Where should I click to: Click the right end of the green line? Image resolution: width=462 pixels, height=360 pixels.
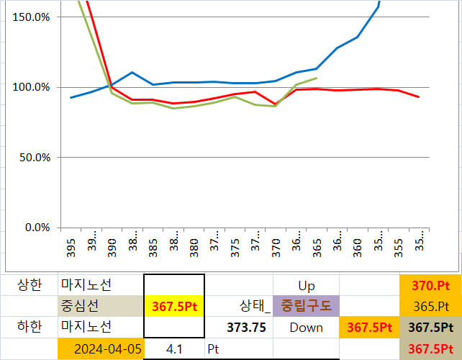coord(317,78)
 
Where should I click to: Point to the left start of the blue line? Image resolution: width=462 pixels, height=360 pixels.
coord(71,97)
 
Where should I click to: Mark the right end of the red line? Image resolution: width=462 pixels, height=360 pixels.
coord(419,97)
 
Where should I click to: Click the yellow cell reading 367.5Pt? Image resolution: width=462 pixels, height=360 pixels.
coord(174,306)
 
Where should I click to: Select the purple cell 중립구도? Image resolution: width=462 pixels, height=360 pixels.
coord(306,306)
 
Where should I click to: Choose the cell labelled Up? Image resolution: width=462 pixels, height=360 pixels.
coord(306,286)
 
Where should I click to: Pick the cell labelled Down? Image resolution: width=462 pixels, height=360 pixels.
coord(306,327)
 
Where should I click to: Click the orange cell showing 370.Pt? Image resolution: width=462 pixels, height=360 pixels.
coord(431,286)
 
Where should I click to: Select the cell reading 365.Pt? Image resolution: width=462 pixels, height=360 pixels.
coord(431,306)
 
